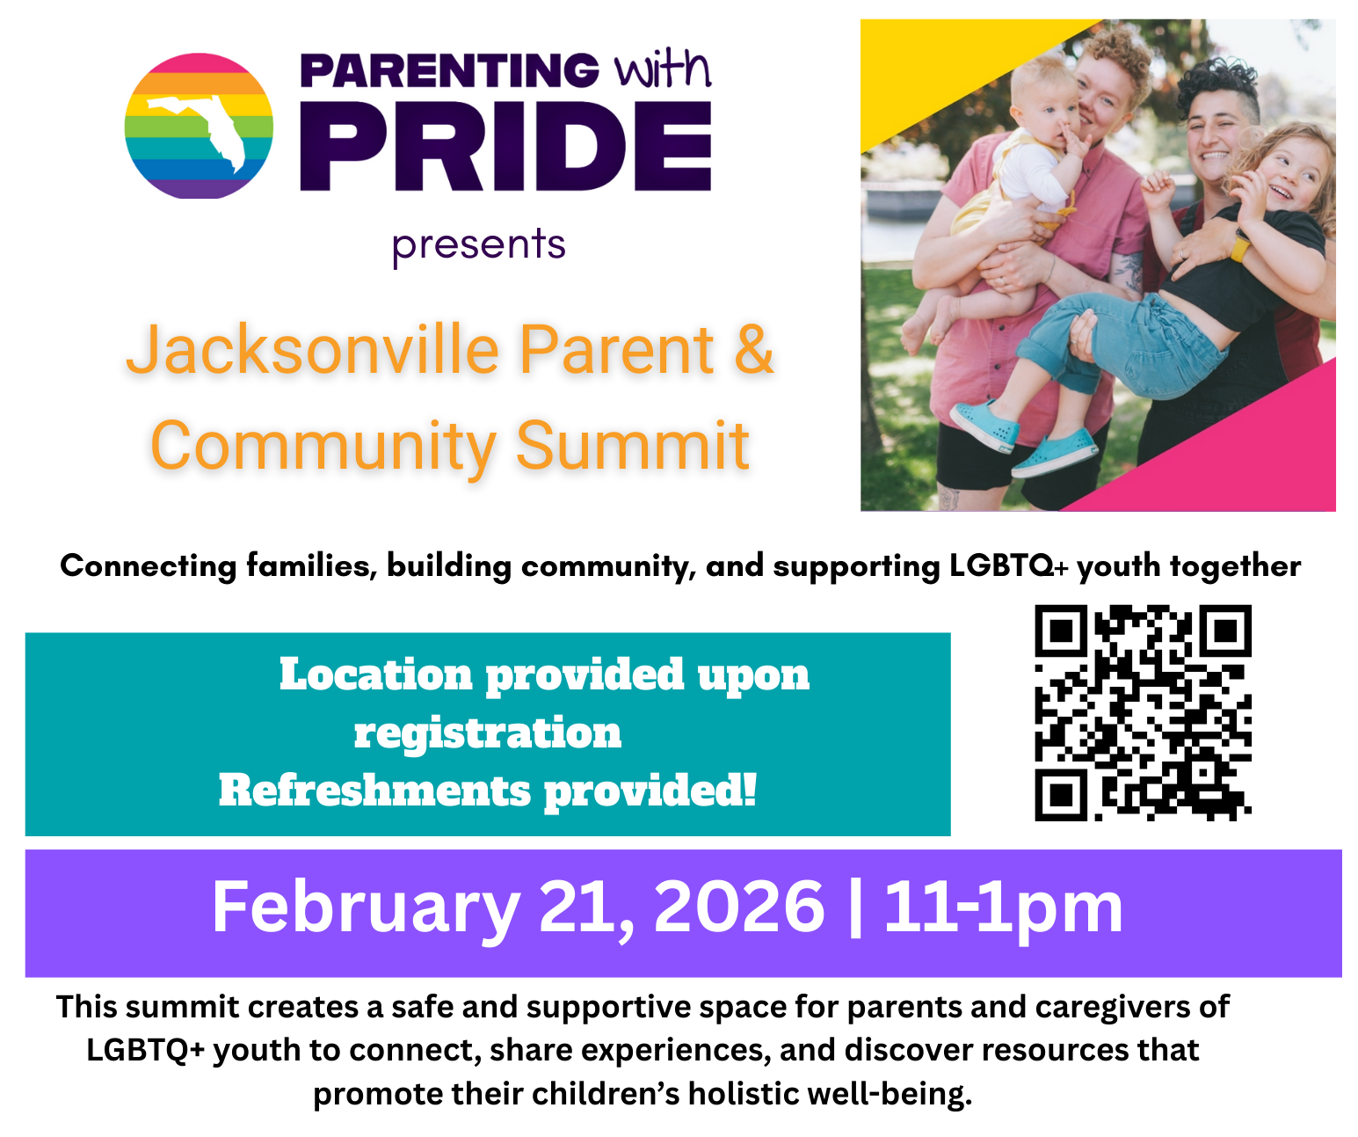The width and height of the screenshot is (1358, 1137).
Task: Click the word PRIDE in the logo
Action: click(x=505, y=146)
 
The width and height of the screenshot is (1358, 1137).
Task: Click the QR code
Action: click(x=1143, y=712)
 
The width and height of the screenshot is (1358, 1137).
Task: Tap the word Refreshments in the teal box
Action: click(x=374, y=791)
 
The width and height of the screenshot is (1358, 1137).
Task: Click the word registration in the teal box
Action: click(x=488, y=734)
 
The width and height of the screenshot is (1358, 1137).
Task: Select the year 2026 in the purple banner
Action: click(x=739, y=907)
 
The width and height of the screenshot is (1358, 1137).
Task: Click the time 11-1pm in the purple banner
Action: click(x=1003, y=910)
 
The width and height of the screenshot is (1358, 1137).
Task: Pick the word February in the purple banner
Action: click(x=367, y=910)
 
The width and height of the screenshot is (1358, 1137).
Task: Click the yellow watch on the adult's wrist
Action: click(x=1239, y=247)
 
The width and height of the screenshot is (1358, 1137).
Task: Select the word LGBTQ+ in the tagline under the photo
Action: click(x=1009, y=565)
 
